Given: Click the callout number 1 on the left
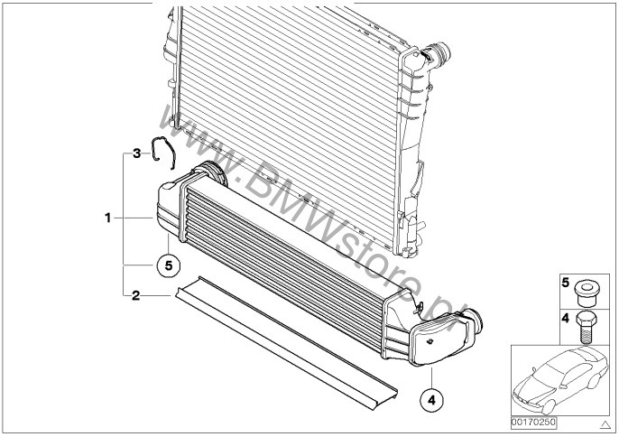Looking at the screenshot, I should pyautogui.click(x=107, y=218).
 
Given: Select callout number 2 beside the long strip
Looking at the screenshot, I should pyautogui.click(x=135, y=295).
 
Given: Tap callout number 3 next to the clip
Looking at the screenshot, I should pyautogui.click(x=135, y=153).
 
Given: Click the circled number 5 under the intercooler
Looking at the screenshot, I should pyautogui.click(x=167, y=265).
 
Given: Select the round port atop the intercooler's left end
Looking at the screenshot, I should pyautogui.click(x=209, y=171).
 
